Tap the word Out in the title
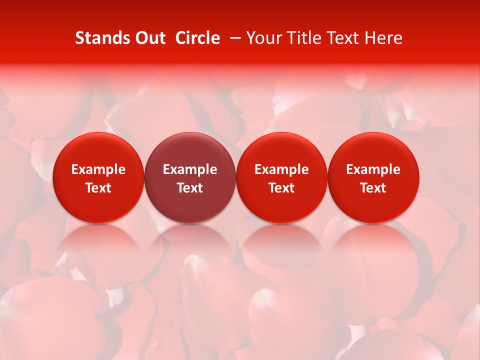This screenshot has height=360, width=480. (x=149, y=38)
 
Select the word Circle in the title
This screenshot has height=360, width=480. (x=197, y=38)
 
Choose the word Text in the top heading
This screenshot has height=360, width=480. (x=344, y=38)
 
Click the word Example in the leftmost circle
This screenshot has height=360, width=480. (x=98, y=169)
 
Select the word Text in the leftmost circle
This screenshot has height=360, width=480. (x=98, y=188)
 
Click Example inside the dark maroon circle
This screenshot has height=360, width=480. (x=190, y=169)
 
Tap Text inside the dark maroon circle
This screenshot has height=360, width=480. (x=190, y=188)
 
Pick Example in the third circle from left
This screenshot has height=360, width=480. (x=281, y=169)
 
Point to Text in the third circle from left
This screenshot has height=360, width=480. (x=281, y=188)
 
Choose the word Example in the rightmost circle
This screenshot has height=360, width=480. (x=373, y=169)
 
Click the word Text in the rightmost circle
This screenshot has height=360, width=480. (x=373, y=188)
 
